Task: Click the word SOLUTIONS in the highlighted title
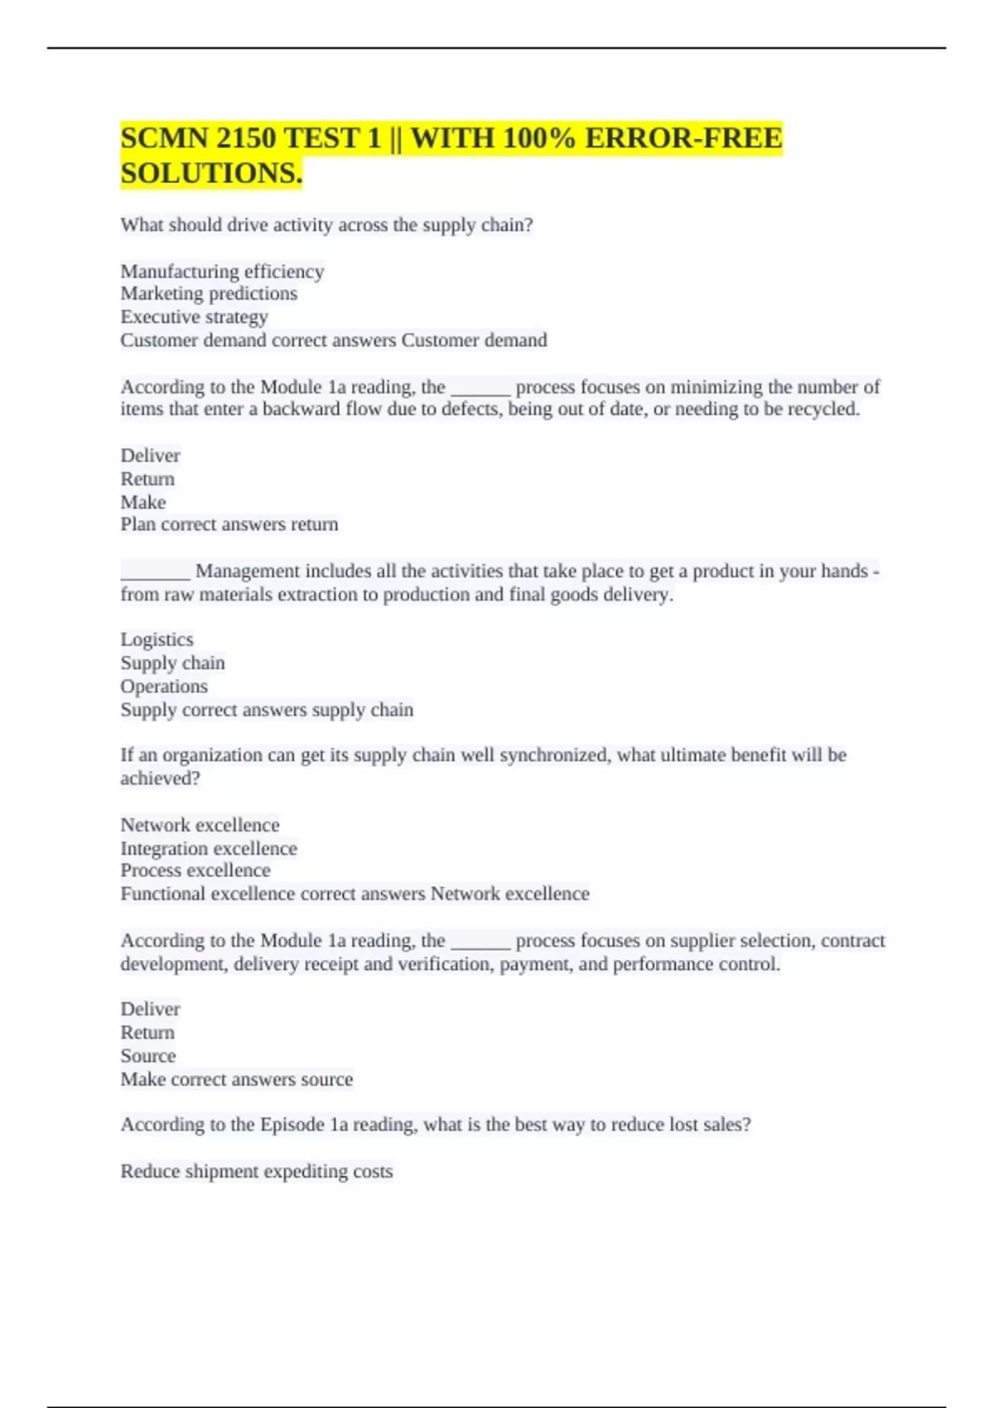pyautogui.click(x=210, y=173)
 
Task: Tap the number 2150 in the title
pyautogui.click(x=248, y=137)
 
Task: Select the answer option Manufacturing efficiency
pyautogui.click(x=222, y=272)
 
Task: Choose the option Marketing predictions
pyautogui.click(x=209, y=294)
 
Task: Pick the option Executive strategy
pyautogui.click(x=195, y=317)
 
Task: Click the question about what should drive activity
pyautogui.click(x=326, y=225)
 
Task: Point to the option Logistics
pyautogui.click(x=157, y=639)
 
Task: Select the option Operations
pyautogui.click(x=164, y=687)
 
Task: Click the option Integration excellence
pyautogui.click(x=209, y=848)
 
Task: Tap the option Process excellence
pyautogui.click(x=195, y=870)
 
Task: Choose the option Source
pyautogui.click(x=148, y=1056)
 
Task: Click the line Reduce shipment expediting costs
pyautogui.click(x=257, y=1171)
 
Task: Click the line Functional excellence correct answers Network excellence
pyautogui.click(x=355, y=894)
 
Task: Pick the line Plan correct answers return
pyautogui.click(x=229, y=524)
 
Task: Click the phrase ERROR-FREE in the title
pyautogui.click(x=683, y=137)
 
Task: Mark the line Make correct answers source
pyautogui.click(x=237, y=1079)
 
